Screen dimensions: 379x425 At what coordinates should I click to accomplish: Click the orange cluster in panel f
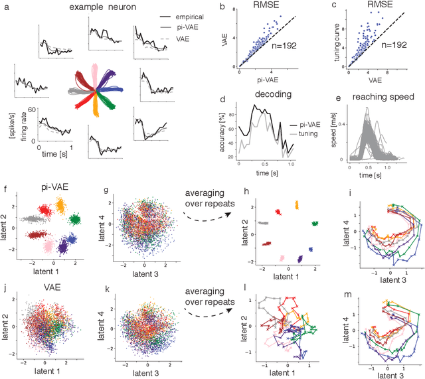[x=60, y=207]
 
